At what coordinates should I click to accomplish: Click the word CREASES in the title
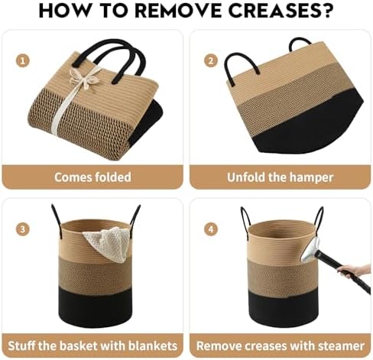point(273,11)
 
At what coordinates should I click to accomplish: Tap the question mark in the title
point(326,11)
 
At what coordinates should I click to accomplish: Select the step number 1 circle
point(23,61)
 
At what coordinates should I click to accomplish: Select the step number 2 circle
point(211,61)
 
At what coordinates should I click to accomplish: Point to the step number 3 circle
point(23,229)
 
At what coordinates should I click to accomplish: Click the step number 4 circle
point(211,229)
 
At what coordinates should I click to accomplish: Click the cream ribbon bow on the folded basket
point(85,76)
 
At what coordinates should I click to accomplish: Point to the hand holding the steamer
point(354,271)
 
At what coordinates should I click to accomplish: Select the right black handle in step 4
point(319,219)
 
